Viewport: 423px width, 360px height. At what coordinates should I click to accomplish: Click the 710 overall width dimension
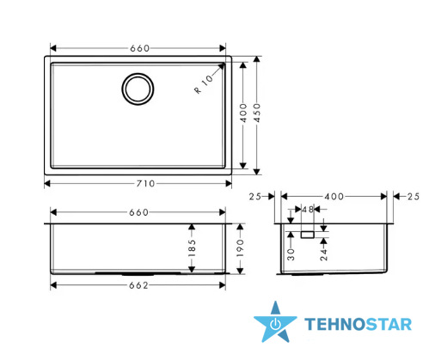145,183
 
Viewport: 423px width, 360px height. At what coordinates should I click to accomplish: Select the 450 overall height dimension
257,113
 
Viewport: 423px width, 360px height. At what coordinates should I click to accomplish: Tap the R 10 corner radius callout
204,83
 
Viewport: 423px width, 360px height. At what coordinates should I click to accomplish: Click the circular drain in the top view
138,88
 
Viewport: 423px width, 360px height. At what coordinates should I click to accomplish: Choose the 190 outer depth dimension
240,248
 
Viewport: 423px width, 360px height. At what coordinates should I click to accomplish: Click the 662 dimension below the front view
138,285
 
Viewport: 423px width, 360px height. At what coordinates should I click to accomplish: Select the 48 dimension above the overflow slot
308,210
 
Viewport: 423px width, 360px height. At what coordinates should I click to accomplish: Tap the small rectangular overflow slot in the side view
308,235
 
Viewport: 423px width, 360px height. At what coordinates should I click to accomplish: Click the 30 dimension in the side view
291,254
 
